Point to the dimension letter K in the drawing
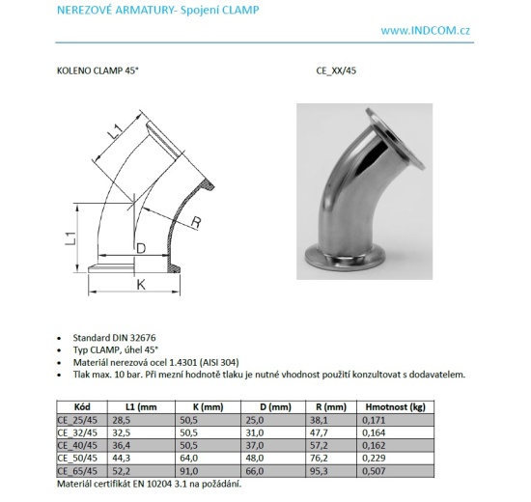click(x=140, y=285)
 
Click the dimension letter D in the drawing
click(x=140, y=249)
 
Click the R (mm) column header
click(x=331, y=408)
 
